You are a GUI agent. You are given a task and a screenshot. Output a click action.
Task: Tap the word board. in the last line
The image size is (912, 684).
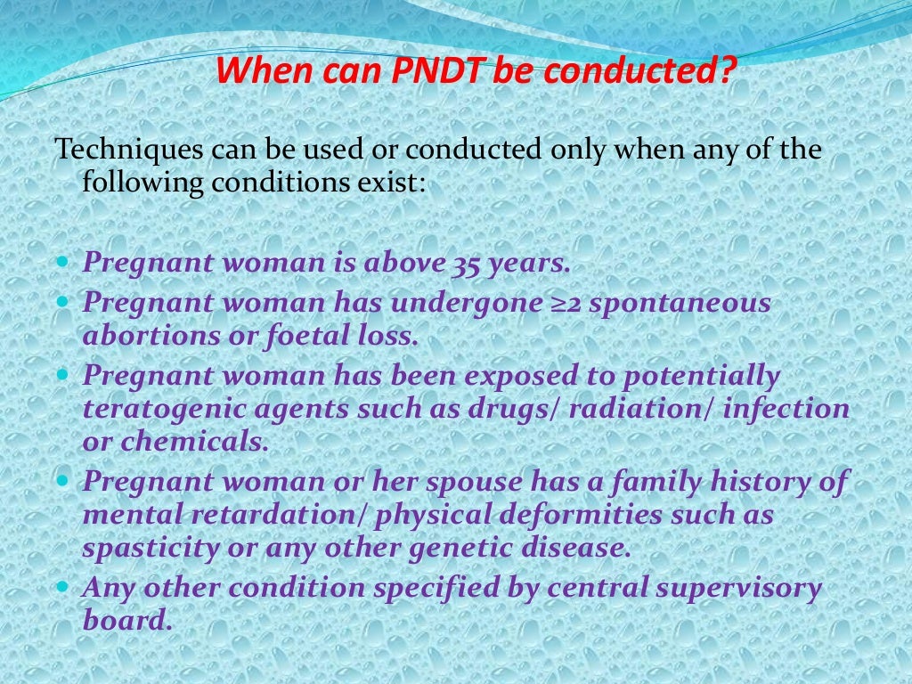coord(126,621)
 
